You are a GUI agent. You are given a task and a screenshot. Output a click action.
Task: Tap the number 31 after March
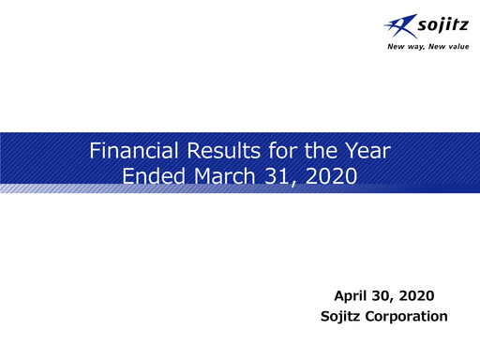[277, 174]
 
